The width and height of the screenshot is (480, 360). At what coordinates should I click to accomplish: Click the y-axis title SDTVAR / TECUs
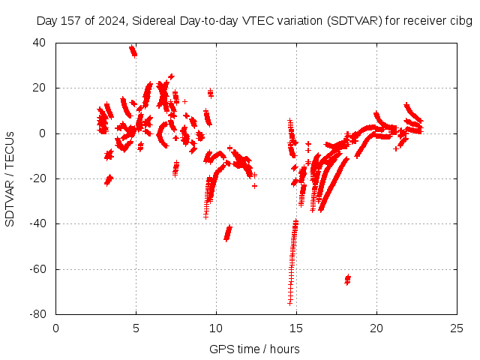click(10, 178)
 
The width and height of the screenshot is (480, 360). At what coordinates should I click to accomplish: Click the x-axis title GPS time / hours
click(254, 349)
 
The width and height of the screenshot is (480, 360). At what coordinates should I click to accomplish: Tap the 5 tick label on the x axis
click(136, 328)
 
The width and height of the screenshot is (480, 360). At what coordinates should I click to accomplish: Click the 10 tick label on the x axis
click(216, 328)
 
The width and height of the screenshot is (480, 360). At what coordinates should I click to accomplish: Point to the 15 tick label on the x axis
click(296, 328)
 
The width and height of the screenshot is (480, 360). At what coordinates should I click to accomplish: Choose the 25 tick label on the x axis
click(457, 328)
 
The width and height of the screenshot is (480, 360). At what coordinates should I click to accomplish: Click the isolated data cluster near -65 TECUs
click(347, 280)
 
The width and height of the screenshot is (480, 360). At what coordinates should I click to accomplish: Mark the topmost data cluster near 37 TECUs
click(133, 51)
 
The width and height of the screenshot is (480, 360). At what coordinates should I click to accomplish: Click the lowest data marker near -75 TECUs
click(289, 302)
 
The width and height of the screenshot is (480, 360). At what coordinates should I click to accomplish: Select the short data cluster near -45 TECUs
click(228, 232)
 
